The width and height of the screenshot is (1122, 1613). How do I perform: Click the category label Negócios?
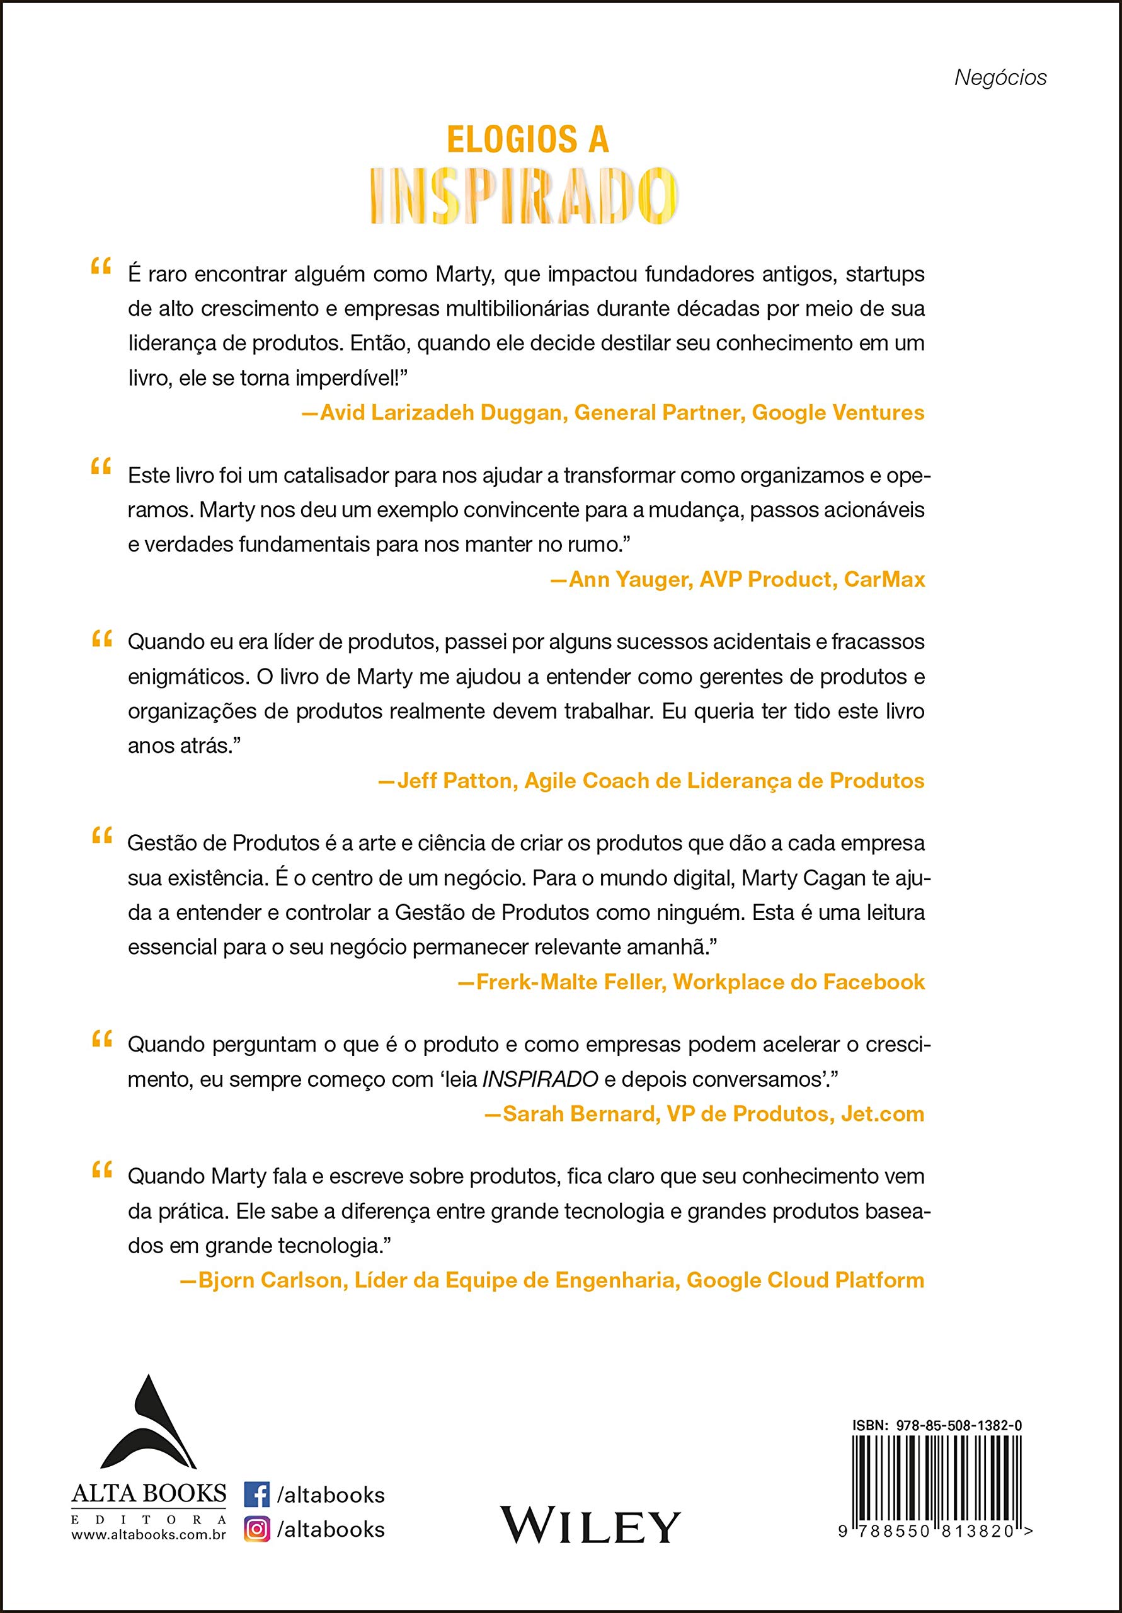click(x=1000, y=78)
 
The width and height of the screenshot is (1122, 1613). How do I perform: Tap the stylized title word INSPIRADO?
click(x=524, y=195)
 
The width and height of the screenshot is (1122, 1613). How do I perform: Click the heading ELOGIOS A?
click(x=528, y=139)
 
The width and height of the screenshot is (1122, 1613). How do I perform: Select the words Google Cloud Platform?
click(x=805, y=1280)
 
